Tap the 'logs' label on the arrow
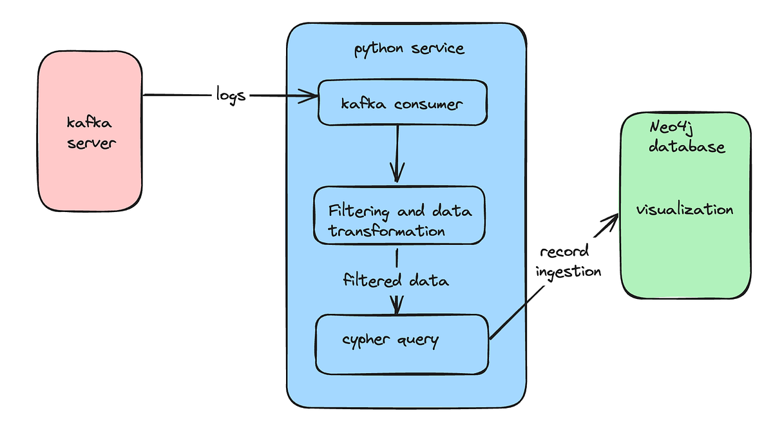[x=230, y=95]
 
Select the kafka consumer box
[x=403, y=102]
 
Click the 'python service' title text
[x=409, y=49]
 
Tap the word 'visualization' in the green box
[x=685, y=210]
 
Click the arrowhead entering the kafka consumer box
[x=312, y=97]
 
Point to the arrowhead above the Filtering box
[x=397, y=174]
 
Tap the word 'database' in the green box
[x=686, y=147]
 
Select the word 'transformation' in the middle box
[x=386, y=231]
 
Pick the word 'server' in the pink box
[x=90, y=143]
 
